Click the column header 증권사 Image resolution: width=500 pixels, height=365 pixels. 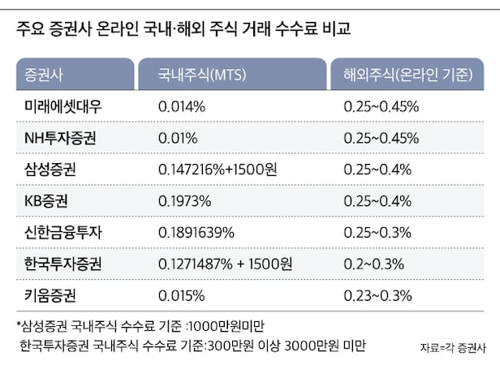45,75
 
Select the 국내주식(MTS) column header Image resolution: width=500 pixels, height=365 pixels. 196,75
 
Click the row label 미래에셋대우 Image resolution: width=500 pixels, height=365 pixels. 64,107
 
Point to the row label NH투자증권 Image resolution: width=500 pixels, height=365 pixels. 60,139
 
